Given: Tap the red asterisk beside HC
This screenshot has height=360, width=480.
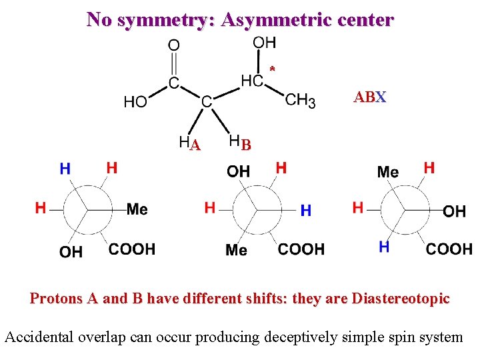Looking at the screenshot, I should click(272, 69).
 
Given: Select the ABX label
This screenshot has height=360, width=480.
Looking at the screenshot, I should click(370, 97).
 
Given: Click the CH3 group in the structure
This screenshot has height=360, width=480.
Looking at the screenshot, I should click(300, 101).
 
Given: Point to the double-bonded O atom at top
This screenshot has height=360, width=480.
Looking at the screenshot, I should click(173, 45).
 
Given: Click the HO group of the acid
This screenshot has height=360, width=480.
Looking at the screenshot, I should click(136, 102).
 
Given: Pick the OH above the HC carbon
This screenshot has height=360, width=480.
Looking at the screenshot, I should click(264, 43).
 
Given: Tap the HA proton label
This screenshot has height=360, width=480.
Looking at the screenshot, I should click(189, 143).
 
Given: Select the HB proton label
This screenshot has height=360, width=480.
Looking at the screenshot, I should click(239, 142).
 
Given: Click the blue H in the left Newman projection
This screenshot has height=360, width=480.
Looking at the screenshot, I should click(65, 169).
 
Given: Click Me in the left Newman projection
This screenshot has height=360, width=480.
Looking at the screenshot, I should click(137, 209).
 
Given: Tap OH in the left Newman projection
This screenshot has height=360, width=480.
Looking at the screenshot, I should click(71, 252).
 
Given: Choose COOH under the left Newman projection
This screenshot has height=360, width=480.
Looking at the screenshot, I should click(132, 249).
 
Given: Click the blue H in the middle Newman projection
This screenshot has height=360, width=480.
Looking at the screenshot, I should click(305, 211).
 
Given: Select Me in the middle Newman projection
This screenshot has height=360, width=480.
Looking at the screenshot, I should click(236, 250).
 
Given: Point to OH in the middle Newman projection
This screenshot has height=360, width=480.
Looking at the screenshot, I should click(238, 171).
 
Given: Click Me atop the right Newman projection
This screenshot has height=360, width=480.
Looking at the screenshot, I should click(388, 172).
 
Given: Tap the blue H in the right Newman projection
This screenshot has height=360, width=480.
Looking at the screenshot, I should click(384, 247).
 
